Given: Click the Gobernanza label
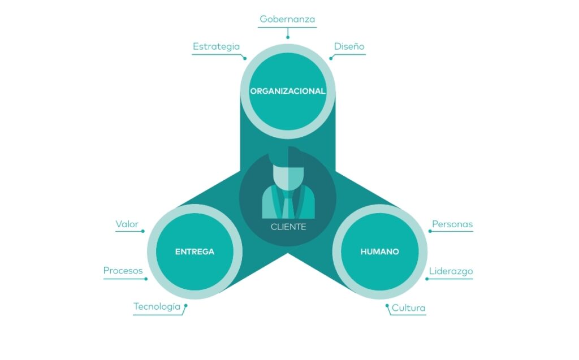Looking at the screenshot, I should pyautogui.click(x=287, y=19).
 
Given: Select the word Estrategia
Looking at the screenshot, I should pyautogui.click(x=216, y=46).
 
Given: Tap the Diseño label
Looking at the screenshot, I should pyautogui.click(x=349, y=46).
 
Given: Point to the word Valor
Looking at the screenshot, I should pyautogui.click(x=127, y=224).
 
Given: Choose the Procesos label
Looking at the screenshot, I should pyautogui.click(x=123, y=271).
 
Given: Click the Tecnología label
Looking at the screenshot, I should pyautogui.click(x=157, y=306).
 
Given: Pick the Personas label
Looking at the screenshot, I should pyautogui.click(x=452, y=224).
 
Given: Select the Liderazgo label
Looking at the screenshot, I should pyautogui.click(x=451, y=271).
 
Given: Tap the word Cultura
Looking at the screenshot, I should pyautogui.click(x=408, y=308).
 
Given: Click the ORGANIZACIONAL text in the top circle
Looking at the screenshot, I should pyautogui.click(x=288, y=90).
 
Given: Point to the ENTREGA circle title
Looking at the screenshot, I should pyautogui.click(x=195, y=251).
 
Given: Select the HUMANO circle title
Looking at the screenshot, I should pyautogui.click(x=379, y=251).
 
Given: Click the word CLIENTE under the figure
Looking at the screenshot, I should pyautogui.click(x=288, y=227).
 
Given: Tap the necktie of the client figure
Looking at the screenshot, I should pyautogui.click(x=288, y=203).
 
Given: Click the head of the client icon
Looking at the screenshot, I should pyautogui.click(x=288, y=172).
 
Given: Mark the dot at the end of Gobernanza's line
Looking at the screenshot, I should pyautogui.click(x=287, y=37).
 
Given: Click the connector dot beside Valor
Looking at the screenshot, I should pyautogui.click(x=143, y=231).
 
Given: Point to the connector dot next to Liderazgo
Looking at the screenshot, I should pyautogui.click(x=427, y=279).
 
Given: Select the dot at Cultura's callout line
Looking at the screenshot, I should pyautogui.click(x=387, y=306).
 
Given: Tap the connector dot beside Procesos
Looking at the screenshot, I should pyautogui.click(x=146, y=278).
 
